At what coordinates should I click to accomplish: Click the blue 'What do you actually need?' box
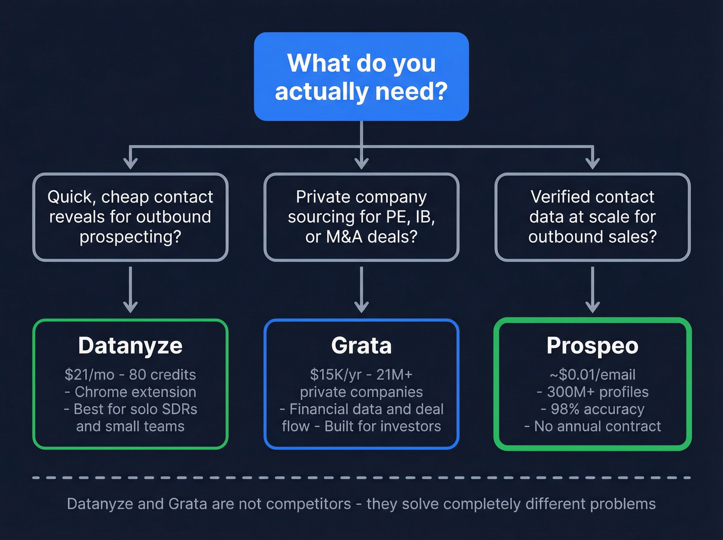[x=361, y=76]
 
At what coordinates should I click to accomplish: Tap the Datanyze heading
[x=130, y=345]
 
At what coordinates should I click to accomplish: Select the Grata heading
[x=361, y=345]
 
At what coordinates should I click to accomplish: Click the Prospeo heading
[x=592, y=345]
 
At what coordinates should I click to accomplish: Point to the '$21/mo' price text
[x=89, y=375]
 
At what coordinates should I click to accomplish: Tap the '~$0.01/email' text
[x=592, y=375]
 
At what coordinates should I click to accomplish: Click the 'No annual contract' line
[x=597, y=426]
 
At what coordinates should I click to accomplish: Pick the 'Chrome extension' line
[x=135, y=392]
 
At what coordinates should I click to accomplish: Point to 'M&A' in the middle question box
[x=343, y=237]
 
